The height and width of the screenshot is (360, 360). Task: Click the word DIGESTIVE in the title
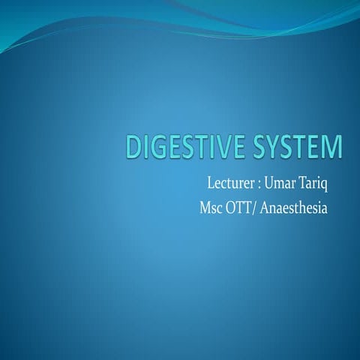click(175, 147)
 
